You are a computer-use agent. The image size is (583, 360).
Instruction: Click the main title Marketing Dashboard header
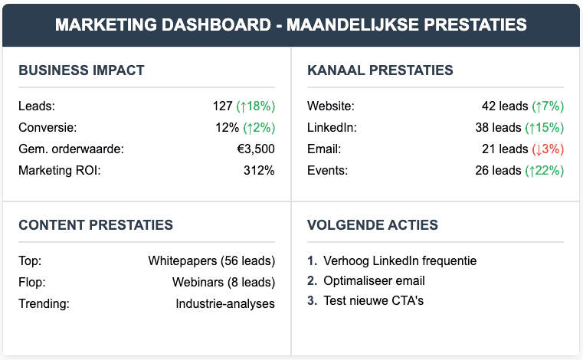click(291, 25)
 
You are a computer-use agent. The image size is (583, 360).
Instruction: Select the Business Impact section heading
click(81, 70)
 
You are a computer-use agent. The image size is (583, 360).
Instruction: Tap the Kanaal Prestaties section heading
click(380, 70)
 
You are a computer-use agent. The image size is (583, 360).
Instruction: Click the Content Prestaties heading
click(96, 225)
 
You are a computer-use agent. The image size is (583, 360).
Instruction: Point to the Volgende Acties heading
click(372, 225)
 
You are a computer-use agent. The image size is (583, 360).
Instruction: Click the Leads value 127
click(222, 106)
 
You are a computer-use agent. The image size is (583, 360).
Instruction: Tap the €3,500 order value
click(256, 149)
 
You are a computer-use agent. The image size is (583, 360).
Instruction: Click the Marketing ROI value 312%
click(259, 170)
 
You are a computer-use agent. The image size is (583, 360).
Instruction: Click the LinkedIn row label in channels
click(332, 127)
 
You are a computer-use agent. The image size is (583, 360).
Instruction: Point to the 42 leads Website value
click(501, 106)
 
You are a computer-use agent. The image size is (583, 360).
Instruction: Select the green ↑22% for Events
click(545, 170)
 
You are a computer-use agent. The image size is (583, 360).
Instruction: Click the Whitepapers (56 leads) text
click(211, 260)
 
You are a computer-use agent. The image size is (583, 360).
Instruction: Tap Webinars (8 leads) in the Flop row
click(224, 282)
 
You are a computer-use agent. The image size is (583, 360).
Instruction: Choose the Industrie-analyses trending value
click(225, 303)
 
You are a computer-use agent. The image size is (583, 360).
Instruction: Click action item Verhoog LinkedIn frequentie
click(400, 261)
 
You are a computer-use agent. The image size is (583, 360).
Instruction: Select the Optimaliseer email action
click(374, 281)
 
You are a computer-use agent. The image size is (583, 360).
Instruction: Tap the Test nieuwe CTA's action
click(373, 301)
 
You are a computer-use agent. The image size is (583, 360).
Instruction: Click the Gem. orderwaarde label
click(70, 149)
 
